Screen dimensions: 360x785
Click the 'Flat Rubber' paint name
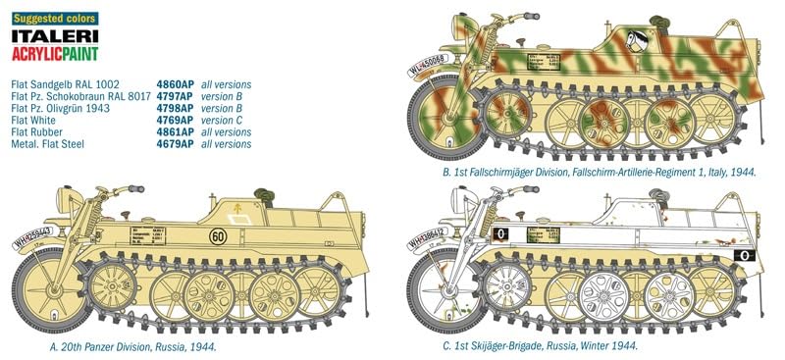tap(35, 132)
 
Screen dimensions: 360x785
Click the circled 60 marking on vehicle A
tap(241, 238)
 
